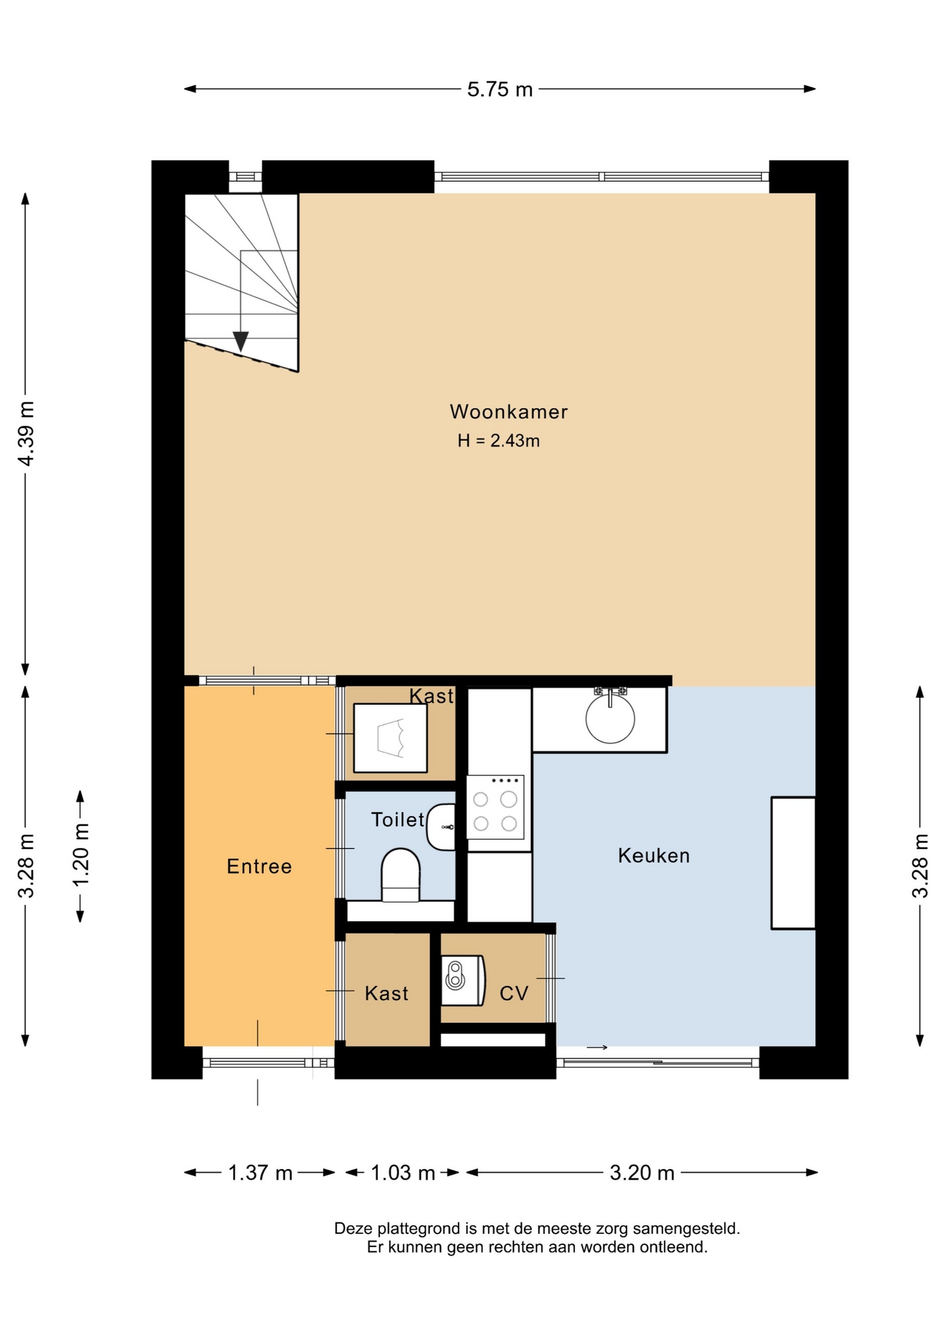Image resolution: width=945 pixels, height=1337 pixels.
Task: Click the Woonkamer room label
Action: coord(509,412)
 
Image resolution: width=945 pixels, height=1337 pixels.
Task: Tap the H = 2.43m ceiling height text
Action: coord(498,441)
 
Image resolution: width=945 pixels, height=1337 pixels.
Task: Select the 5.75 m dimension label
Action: coord(500,89)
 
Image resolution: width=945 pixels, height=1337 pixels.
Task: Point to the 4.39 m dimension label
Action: coord(26,433)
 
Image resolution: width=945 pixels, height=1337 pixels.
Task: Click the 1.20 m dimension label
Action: coord(81,854)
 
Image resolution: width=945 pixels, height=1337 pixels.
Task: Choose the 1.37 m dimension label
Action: coord(260,1173)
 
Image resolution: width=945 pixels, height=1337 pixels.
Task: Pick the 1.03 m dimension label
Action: coord(403,1173)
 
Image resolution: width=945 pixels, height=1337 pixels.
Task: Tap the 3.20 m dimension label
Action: coord(642,1173)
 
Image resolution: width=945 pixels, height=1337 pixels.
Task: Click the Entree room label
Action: coord(260,866)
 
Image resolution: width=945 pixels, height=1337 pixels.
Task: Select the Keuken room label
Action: coord(654,855)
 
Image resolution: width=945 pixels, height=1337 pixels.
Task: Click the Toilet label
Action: coord(397,820)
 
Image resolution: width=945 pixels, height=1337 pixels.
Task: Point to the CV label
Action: coord(514,994)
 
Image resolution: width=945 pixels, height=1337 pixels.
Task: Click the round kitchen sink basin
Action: coord(610,719)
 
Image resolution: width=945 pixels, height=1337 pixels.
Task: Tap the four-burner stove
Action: coord(495,807)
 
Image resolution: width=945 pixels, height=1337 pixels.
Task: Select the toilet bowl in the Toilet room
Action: coord(401,875)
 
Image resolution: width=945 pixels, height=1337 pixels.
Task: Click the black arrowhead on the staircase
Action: coord(241,341)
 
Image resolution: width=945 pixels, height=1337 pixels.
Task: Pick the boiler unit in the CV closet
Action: coord(463,980)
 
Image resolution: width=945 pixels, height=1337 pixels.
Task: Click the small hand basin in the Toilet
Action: coord(441,827)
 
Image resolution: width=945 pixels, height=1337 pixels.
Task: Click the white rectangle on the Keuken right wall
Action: coord(793,863)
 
